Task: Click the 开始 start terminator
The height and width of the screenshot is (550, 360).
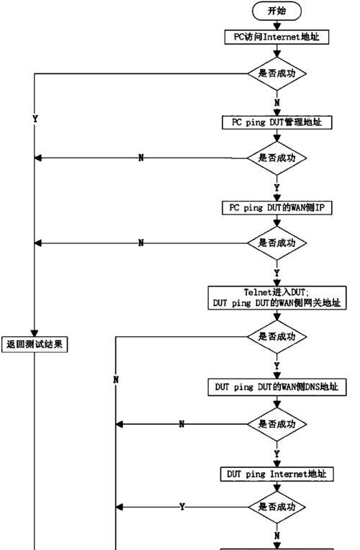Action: [277, 11]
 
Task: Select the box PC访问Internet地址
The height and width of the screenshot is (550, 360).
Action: [277, 37]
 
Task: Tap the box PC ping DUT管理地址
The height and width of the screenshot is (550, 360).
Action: [277, 122]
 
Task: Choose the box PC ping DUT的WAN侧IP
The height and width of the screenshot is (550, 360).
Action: [277, 207]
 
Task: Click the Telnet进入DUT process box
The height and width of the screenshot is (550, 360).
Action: [277, 298]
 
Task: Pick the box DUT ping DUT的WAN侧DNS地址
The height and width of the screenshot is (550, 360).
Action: [277, 387]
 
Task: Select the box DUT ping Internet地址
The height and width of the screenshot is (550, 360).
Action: [277, 474]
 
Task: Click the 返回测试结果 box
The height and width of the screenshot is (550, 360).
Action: [35, 344]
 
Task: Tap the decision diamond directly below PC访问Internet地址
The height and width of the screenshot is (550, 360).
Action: [277, 73]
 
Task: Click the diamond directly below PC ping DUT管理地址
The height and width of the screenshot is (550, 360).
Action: [277, 158]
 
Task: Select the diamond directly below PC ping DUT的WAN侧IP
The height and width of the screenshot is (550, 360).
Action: [277, 243]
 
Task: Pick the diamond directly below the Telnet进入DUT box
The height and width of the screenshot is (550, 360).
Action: [277, 337]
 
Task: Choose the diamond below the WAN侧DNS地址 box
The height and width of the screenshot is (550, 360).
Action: [277, 425]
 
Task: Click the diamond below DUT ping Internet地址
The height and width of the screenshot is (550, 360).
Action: [277, 507]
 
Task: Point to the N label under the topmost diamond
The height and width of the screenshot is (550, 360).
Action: [277, 103]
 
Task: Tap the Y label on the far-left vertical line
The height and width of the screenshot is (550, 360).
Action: [35, 119]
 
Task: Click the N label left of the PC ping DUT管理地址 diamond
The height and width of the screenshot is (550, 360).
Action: [141, 158]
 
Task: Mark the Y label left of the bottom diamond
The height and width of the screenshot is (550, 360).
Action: [182, 507]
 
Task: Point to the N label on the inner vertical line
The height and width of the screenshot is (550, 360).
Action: [116, 379]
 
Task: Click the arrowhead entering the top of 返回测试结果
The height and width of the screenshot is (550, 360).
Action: [35, 333]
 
